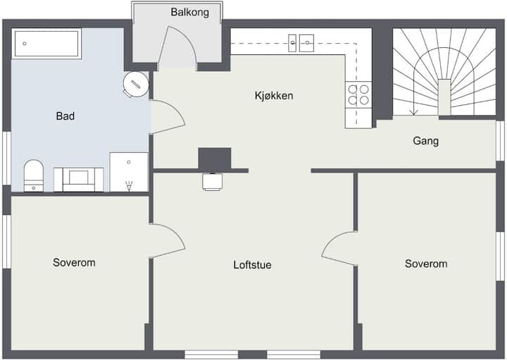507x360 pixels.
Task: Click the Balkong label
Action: (190, 13)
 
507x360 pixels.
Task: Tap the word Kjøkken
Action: (274, 96)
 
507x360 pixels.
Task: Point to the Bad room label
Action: (65, 116)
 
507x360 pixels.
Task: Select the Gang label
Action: (425, 141)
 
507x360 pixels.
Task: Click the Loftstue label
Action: (252, 265)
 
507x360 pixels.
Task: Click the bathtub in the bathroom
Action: (46, 44)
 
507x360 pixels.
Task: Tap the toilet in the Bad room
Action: (34, 175)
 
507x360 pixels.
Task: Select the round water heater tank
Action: (136, 84)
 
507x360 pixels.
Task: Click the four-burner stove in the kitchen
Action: (358, 94)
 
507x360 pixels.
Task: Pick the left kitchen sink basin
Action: (292, 43)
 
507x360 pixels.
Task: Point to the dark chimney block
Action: (214, 159)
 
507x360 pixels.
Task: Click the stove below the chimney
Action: (212, 182)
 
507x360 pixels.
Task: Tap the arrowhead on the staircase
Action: (413, 113)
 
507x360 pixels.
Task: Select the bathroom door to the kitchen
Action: (168, 117)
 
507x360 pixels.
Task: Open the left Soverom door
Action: (168, 240)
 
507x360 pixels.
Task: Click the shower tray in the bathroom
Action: (129, 172)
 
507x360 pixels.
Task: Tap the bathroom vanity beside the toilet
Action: (79, 180)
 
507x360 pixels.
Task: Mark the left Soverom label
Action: (74, 263)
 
